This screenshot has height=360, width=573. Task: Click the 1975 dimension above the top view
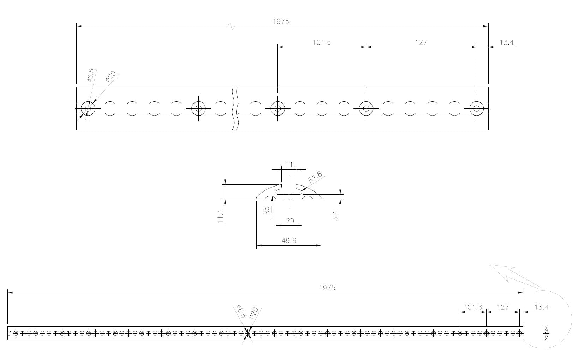click(x=281, y=22)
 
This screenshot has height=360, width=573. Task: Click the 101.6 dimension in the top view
click(x=322, y=42)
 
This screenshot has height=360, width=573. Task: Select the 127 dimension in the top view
click(x=421, y=42)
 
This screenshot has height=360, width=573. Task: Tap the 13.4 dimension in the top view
click(x=506, y=42)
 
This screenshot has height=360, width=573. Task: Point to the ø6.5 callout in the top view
click(x=91, y=76)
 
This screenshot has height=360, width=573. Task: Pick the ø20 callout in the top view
click(x=111, y=76)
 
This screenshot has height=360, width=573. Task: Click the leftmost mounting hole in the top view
click(x=88, y=108)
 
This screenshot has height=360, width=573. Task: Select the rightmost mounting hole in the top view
click(x=477, y=108)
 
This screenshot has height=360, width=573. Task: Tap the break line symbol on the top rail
click(x=235, y=108)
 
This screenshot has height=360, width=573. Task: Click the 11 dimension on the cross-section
click(x=289, y=165)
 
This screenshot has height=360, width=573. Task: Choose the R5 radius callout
click(x=267, y=210)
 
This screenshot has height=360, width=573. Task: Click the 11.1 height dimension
click(x=220, y=216)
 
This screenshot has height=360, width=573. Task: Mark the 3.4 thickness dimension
click(x=335, y=216)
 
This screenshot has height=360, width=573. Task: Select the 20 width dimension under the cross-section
click(x=290, y=221)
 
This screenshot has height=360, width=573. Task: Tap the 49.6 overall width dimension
click(x=289, y=241)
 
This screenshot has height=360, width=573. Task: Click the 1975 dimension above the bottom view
click(x=327, y=288)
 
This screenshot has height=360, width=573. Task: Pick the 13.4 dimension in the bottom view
click(x=541, y=307)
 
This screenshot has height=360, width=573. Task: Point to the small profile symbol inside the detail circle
click(x=546, y=333)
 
